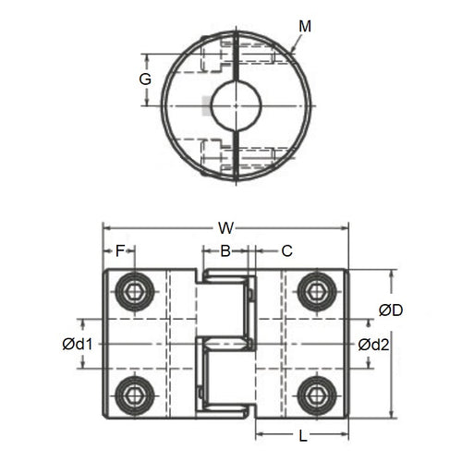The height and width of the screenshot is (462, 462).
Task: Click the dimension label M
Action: click(306, 26)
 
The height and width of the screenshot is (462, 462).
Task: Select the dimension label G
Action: click(145, 79)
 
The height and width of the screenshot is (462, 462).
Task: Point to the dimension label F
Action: click(119, 250)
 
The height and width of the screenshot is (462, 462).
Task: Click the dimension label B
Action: click(225, 250)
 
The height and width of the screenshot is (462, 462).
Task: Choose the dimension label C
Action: click(286, 250)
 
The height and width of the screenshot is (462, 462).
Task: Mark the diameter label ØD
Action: click(391, 310)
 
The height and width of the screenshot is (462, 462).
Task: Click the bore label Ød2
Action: click(374, 344)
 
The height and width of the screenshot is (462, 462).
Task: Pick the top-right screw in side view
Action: click(315, 292)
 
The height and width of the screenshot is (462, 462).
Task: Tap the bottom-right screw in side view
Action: click(315, 395)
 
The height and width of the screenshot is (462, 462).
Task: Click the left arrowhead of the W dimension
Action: click(105, 225)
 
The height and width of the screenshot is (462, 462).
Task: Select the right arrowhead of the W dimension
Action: click(346, 225)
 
